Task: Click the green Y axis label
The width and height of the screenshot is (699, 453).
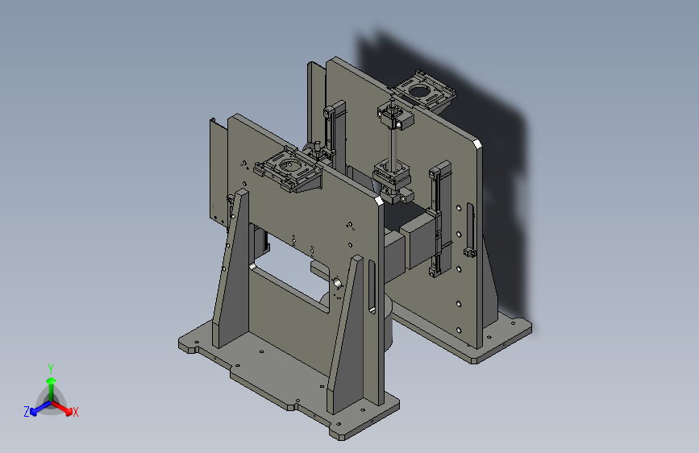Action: tap(51, 369)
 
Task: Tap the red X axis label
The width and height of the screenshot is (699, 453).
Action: tap(75, 412)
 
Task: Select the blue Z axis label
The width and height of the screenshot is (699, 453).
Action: tap(27, 412)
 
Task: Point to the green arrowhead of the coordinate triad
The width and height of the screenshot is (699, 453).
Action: tap(52, 380)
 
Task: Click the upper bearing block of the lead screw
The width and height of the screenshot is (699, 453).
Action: tap(395, 116)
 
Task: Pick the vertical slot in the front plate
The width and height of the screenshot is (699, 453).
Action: tap(372, 287)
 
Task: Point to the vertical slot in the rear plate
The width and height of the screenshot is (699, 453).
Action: tap(471, 227)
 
